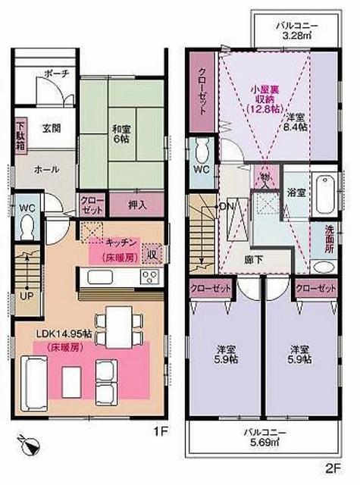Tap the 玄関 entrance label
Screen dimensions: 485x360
click(x=52, y=128)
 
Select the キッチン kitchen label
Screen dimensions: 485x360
click(x=121, y=243)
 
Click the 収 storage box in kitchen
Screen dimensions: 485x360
click(x=152, y=253)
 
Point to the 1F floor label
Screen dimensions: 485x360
click(x=160, y=432)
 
